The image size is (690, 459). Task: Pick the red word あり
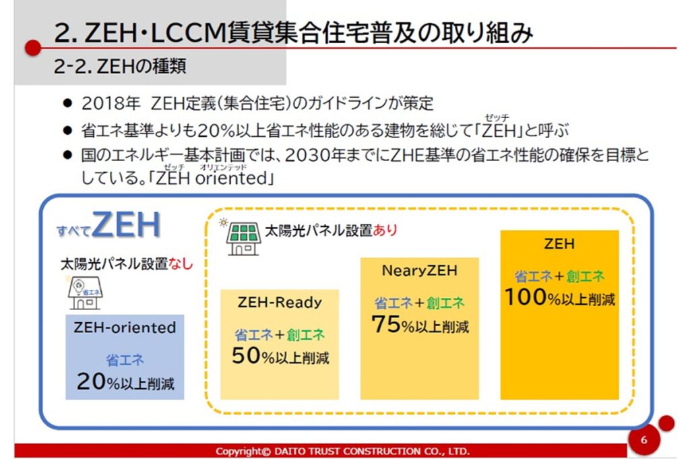click(x=385, y=230)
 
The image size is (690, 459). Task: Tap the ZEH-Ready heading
click(x=280, y=303)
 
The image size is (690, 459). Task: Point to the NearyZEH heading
click(x=419, y=270)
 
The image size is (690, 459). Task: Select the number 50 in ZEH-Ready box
click(x=246, y=355)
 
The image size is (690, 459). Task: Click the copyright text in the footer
click(x=342, y=451)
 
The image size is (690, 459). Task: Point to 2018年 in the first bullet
click(x=110, y=104)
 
